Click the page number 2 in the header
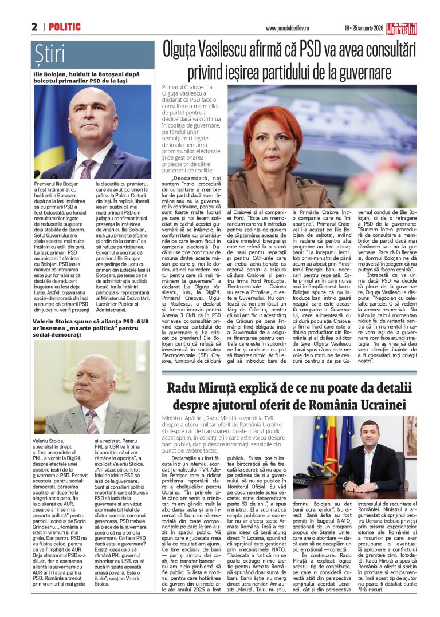pos(34,27)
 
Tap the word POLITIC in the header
pos(64,27)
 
